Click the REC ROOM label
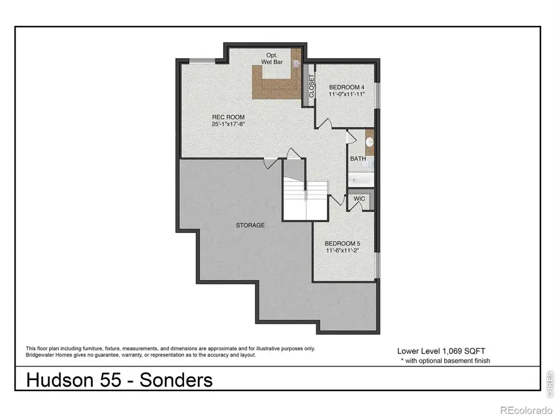(x=228, y=117)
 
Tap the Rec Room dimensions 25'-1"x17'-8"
(x=228, y=124)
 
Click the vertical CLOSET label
(x=311, y=86)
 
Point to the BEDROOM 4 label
(x=347, y=86)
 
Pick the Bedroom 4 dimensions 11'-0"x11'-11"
(x=347, y=95)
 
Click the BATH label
(x=358, y=159)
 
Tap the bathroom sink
(x=369, y=142)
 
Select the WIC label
(x=360, y=199)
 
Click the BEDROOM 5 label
(x=342, y=243)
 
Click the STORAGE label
(x=250, y=225)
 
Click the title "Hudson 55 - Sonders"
(x=119, y=379)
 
